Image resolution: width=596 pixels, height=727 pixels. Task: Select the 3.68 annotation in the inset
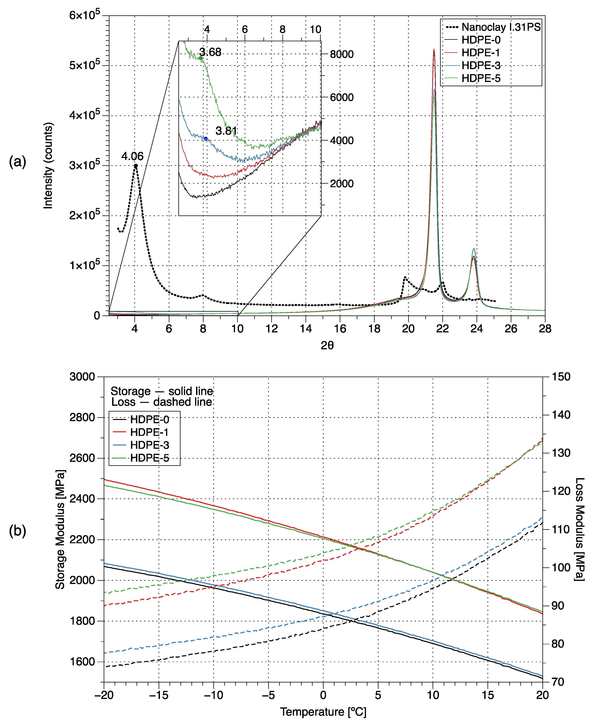[210, 52]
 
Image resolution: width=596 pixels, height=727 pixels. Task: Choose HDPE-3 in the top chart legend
[481, 65]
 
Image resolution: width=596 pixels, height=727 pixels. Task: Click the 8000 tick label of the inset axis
[342, 54]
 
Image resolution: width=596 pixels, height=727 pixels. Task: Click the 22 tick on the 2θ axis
[442, 329]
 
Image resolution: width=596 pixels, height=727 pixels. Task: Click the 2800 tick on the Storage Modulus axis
[82, 417]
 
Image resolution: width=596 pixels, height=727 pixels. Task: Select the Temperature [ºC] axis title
[323, 712]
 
